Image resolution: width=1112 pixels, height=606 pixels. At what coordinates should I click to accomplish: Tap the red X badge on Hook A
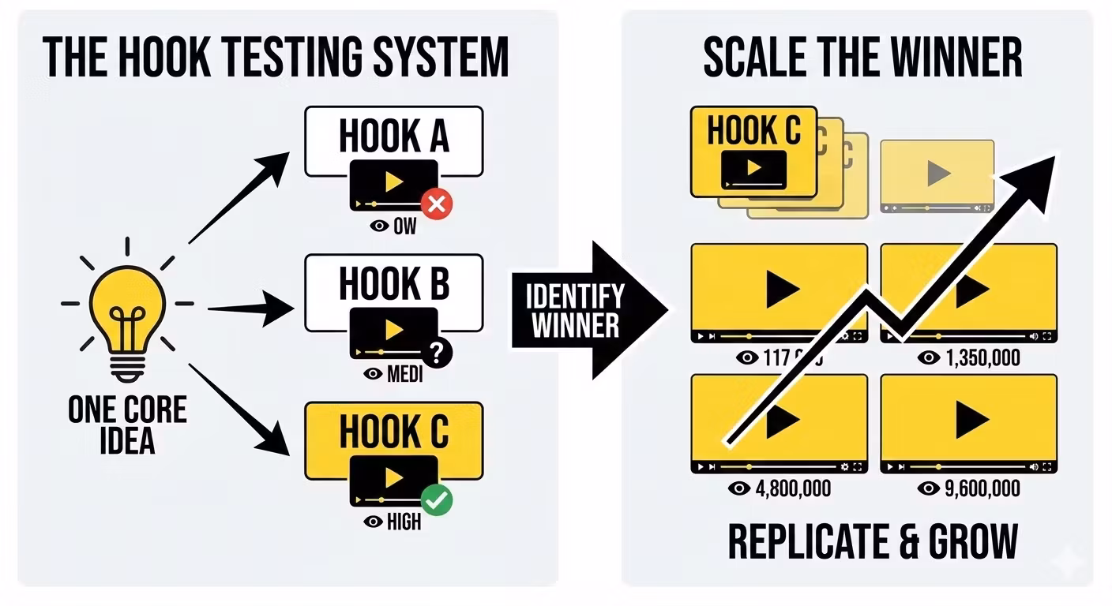(436, 205)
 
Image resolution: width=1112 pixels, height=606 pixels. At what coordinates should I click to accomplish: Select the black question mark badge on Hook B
(436, 353)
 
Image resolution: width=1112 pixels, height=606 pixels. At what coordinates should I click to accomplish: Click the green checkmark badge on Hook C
(436, 500)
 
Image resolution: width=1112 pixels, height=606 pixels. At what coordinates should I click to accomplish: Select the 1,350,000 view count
(982, 358)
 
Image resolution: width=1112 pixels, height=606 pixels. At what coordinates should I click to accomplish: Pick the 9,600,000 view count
(982, 488)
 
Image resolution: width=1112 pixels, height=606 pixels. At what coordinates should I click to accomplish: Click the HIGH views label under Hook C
(403, 522)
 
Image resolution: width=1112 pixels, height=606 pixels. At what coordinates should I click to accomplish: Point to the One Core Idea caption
(127, 424)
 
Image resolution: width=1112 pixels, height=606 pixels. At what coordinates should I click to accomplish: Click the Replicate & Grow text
(872, 541)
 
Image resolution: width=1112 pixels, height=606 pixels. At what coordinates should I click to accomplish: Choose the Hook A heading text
(393, 136)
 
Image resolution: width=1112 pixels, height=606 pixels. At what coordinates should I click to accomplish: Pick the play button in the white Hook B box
(393, 329)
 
